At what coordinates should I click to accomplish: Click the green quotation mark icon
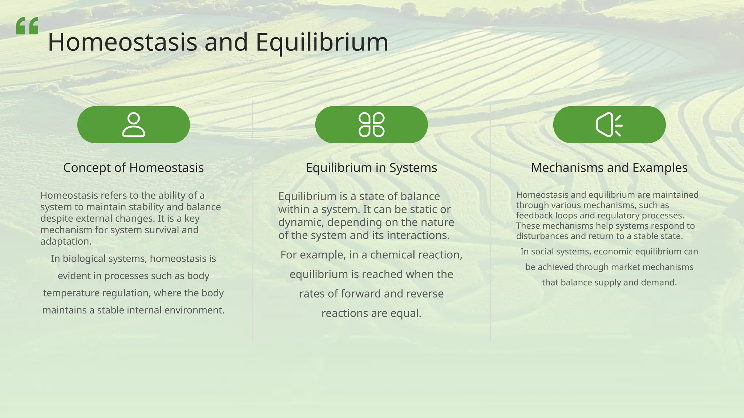click(x=27, y=26)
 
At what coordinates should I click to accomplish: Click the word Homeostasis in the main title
click(x=122, y=42)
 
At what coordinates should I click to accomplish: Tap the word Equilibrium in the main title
click(x=322, y=42)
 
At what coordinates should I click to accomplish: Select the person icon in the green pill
click(x=133, y=125)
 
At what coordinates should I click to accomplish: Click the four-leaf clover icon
click(x=371, y=125)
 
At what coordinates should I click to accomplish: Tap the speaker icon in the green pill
click(x=609, y=125)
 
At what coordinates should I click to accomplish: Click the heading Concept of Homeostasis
click(x=133, y=168)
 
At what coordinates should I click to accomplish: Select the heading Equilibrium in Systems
click(x=371, y=168)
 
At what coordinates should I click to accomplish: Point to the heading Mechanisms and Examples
click(x=609, y=168)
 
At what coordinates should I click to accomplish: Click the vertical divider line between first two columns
click(x=252, y=221)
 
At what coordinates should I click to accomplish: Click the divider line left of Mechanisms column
click(x=490, y=221)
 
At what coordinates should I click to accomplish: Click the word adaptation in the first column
click(x=65, y=242)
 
